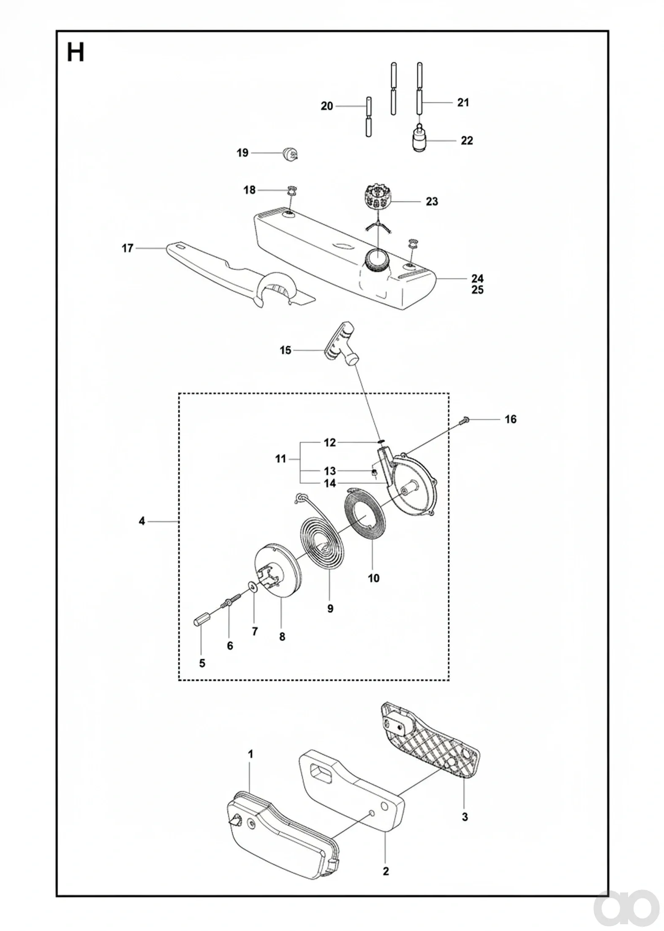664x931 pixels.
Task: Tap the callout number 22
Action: click(x=466, y=140)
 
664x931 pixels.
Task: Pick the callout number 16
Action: click(x=510, y=419)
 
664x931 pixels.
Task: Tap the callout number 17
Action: click(x=128, y=248)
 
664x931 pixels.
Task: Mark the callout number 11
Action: click(x=280, y=459)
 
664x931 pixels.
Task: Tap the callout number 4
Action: click(x=142, y=521)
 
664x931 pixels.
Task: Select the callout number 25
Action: click(x=478, y=290)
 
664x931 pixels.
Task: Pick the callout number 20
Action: click(x=327, y=106)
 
